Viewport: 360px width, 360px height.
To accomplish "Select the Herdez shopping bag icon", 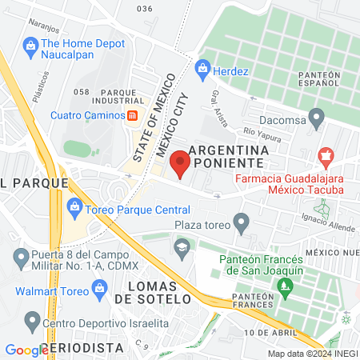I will (203, 69).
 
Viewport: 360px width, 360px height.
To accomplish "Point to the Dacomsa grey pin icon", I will (318, 118).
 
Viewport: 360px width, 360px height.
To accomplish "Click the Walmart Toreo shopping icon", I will (99, 286).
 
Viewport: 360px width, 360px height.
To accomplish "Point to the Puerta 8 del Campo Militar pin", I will (22, 258).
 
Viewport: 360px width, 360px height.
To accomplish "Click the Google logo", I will (26, 350).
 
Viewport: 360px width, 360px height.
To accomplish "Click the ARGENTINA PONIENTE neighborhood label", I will (229, 158).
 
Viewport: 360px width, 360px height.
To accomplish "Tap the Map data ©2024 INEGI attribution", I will (311, 354).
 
